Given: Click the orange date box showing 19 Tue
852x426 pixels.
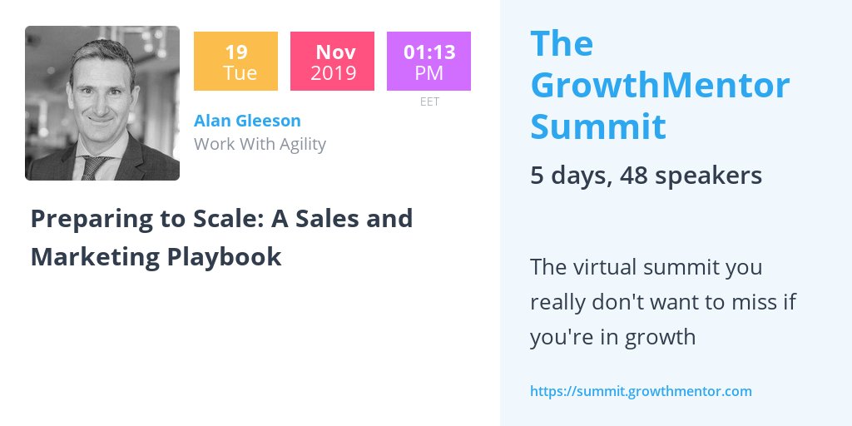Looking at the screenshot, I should coord(235,61).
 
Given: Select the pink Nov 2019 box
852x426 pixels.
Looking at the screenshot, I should coord(332,61).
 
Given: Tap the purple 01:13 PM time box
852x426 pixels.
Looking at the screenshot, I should coord(428,61).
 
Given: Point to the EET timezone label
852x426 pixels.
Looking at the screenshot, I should coord(429,102).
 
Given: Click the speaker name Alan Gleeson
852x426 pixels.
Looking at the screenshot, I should coord(247,121).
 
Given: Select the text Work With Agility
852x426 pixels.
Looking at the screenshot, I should coord(260,144).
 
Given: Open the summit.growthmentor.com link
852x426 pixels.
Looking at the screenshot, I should coord(641,390).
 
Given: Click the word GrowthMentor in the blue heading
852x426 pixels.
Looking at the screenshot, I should coord(660,85).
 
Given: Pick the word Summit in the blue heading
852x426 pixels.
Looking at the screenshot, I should coord(597,126).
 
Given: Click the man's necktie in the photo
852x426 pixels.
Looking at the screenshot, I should coord(92,167).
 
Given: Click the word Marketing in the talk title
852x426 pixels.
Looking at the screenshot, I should coord(94,256).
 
